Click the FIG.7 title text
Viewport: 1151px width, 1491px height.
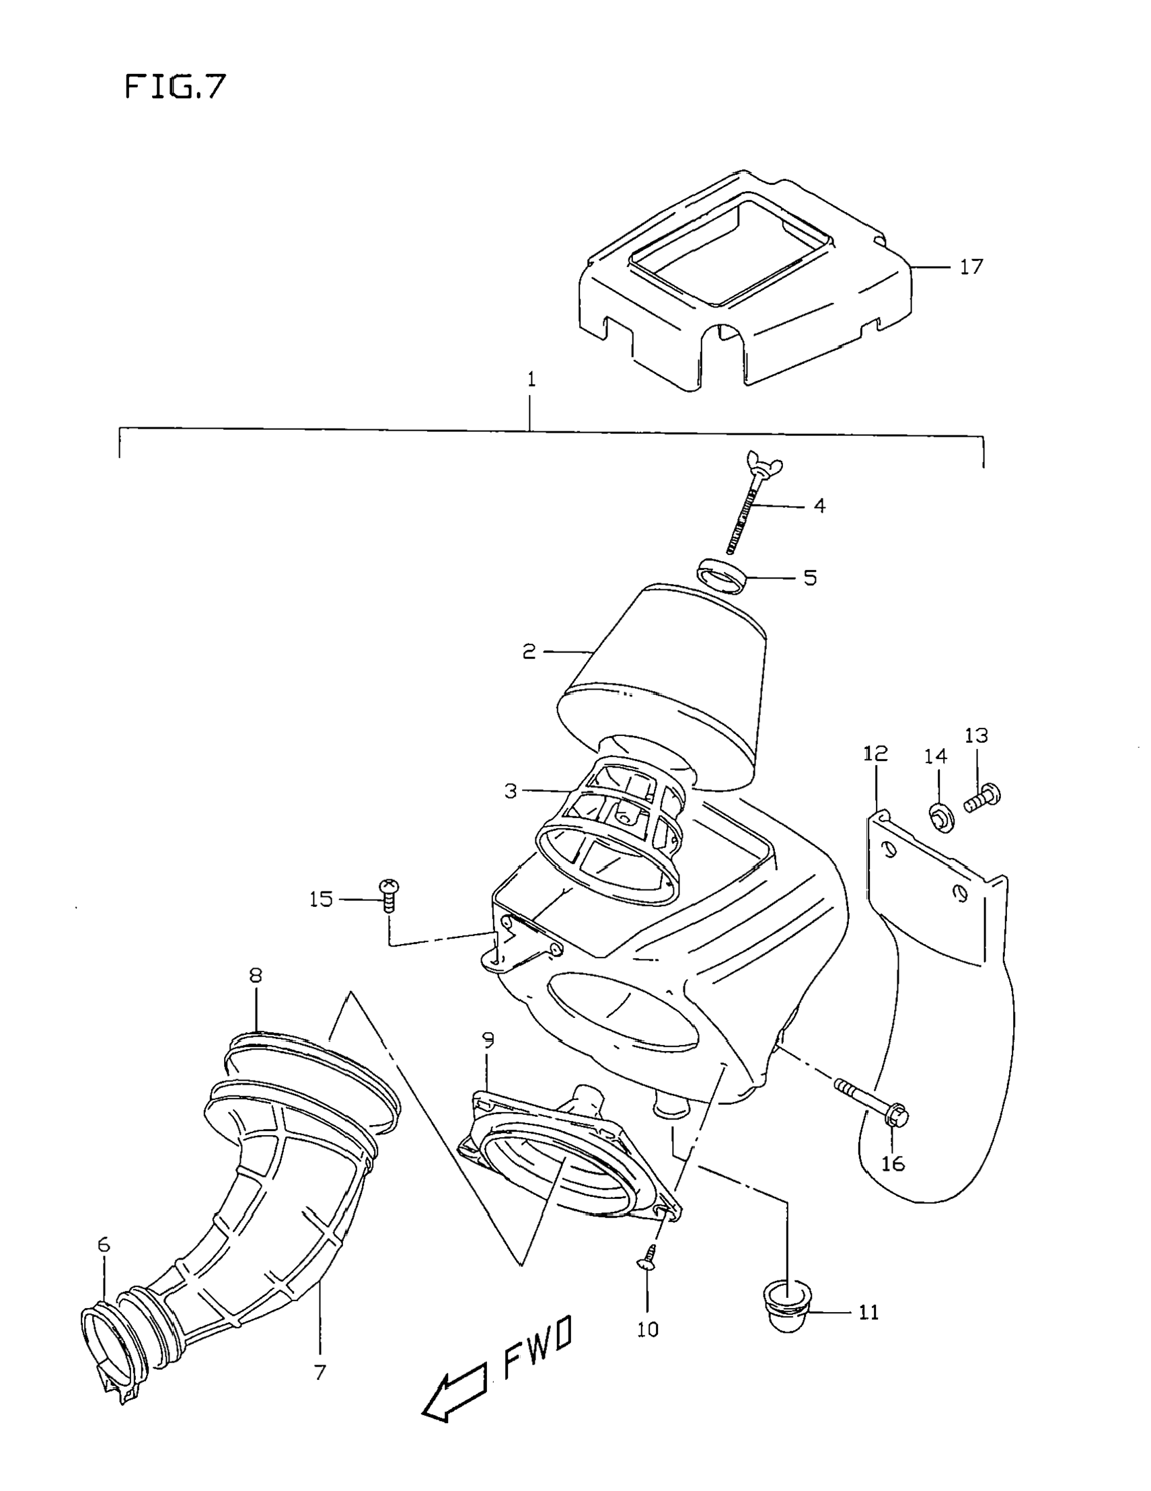tap(175, 87)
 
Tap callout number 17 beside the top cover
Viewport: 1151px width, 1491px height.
tap(971, 266)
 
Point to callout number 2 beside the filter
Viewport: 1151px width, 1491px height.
tap(529, 652)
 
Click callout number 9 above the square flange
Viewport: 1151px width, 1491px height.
tap(488, 1040)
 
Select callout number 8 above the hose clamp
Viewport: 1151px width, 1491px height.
tap(256, 975)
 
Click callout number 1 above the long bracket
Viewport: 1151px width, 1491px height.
tap(531, 379)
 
